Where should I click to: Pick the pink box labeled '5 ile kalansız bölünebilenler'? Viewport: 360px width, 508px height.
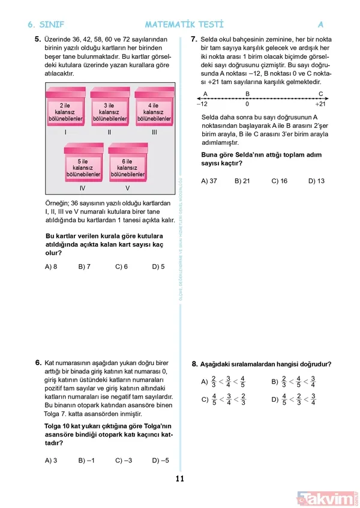pyautogui.click(x=83, y=166)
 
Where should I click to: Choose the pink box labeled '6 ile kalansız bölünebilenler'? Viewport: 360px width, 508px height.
pyautogui.click(x=127, y=166)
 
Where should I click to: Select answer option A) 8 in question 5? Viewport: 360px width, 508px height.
pyautogui.click(x=51, y=267)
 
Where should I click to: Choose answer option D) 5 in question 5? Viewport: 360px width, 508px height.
pyautogui.click(x=158, y=267)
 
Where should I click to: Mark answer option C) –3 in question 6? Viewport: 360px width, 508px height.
pyautogui.click(x=123, y=461)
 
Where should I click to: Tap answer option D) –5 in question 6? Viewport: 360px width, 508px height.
pyautogui.click(x=161, y=461)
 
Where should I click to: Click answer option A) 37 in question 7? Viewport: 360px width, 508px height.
pyautogui.click(x=209, y=181)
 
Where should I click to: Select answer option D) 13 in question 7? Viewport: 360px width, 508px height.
pyautogui.click(x=316, y=181)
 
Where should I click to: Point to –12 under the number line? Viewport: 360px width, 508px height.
pyautogui.click(x=202, y=104)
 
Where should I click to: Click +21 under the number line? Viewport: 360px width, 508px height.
pyautogui.click(x=320, y=104)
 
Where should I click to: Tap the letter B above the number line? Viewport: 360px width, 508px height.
pyautogui.click(x=247, y=94)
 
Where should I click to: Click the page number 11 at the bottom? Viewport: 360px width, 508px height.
pyautogui.click(x=179, y=479)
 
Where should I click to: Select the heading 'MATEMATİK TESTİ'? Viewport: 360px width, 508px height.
pyautogui.click(x=184, y=25)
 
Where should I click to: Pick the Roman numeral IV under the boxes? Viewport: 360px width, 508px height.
pyautogui.click(x=83, y=188)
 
